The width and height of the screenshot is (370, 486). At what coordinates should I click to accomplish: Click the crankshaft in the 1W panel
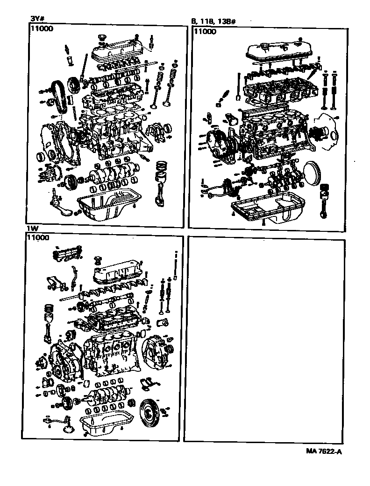coord(107,397)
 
